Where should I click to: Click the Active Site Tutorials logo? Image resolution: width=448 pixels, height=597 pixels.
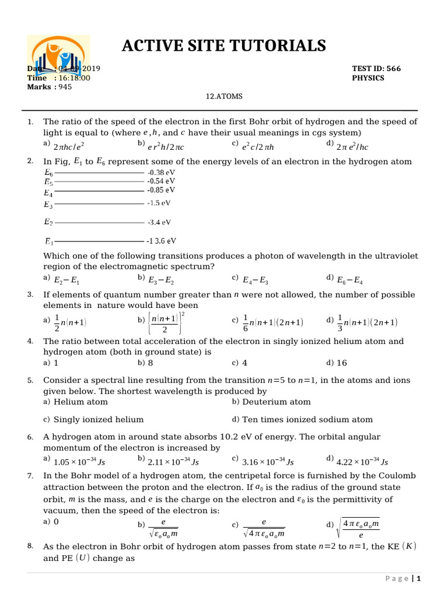(x=58, y=58)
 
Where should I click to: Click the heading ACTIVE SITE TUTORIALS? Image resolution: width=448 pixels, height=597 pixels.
(x=224, y=45)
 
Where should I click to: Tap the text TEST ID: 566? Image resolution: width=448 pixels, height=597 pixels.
(x=376, y=69)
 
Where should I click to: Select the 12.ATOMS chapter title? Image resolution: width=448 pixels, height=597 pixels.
(x=224, y=96)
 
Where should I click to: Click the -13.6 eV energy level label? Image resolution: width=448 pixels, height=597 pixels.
(x=162, y=241)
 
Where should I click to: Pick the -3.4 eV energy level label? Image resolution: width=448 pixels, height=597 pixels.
(x=159, y=222)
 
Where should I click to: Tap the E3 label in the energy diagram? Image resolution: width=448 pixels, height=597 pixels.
(x=48, y=205)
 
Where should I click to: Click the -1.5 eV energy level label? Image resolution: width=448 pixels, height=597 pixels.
(x=159, y=203)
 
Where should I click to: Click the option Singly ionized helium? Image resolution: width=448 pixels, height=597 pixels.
(x=98, y=419)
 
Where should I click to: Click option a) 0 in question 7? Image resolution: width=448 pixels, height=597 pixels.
(x=56, y=522)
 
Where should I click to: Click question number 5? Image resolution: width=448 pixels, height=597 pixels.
(x=30, y=381)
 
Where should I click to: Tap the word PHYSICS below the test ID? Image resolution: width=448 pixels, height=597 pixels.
(x=368, y=78)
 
